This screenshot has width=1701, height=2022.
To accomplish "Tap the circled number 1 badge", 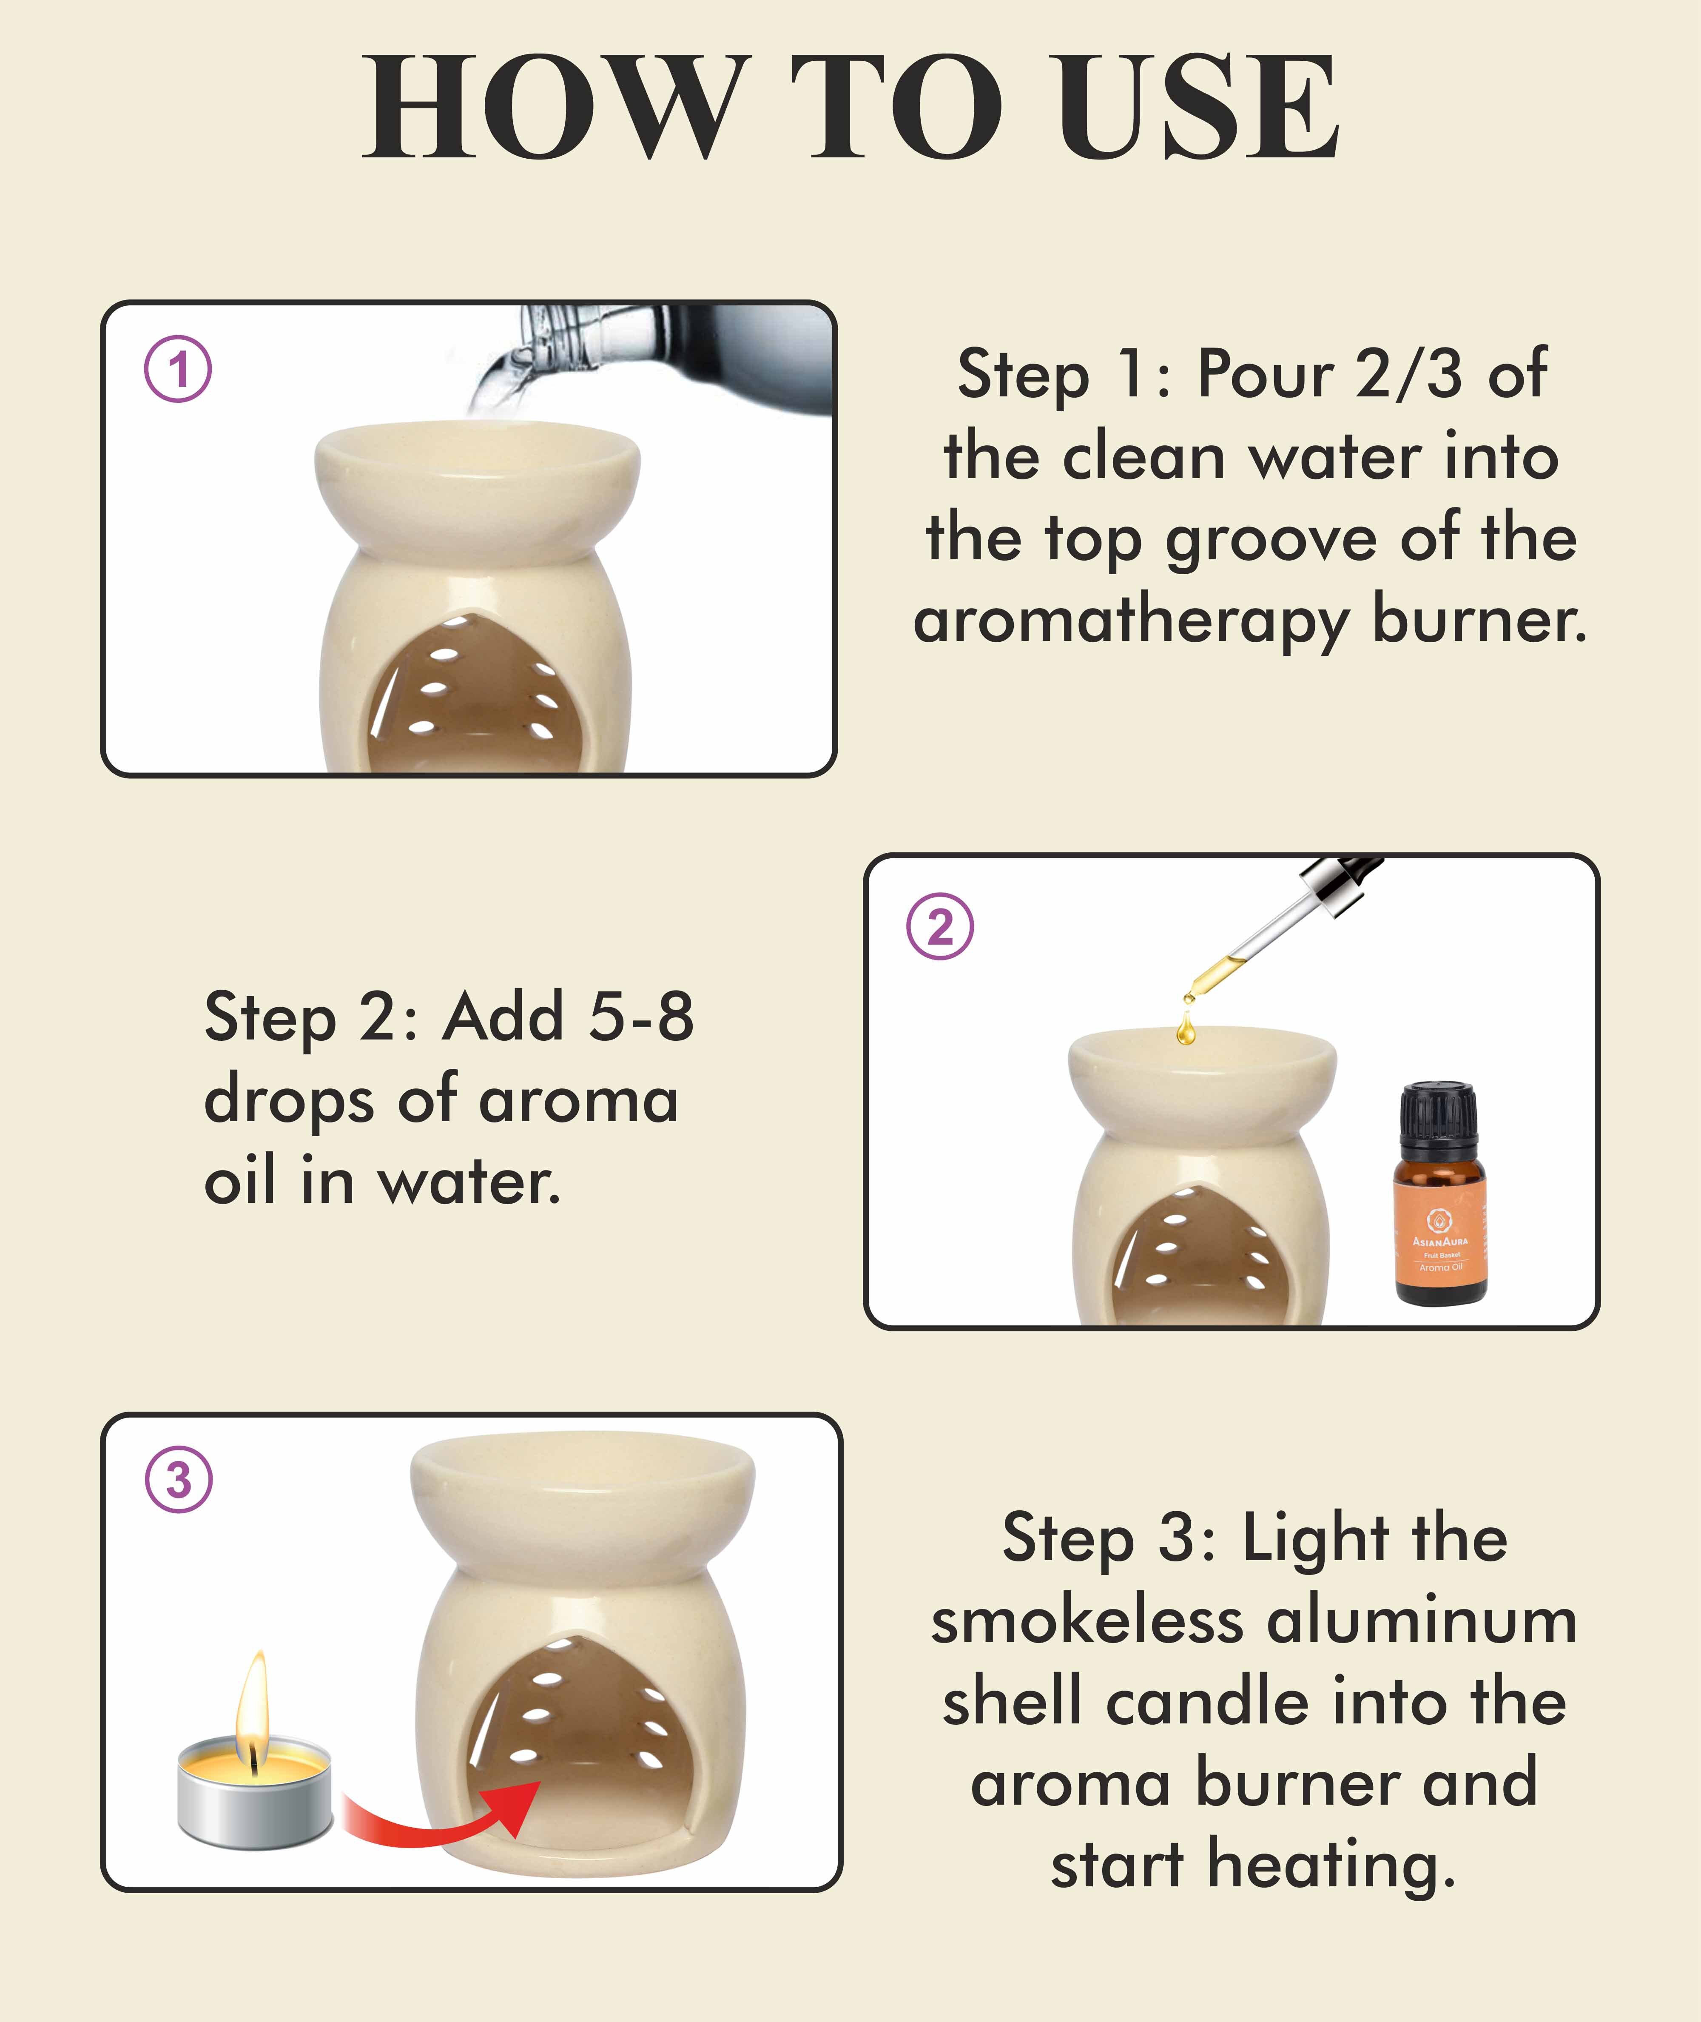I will (179, 369).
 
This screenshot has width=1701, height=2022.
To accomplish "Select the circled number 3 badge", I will (179, 1479).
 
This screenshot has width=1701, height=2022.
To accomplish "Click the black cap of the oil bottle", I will (1438, 1122).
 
